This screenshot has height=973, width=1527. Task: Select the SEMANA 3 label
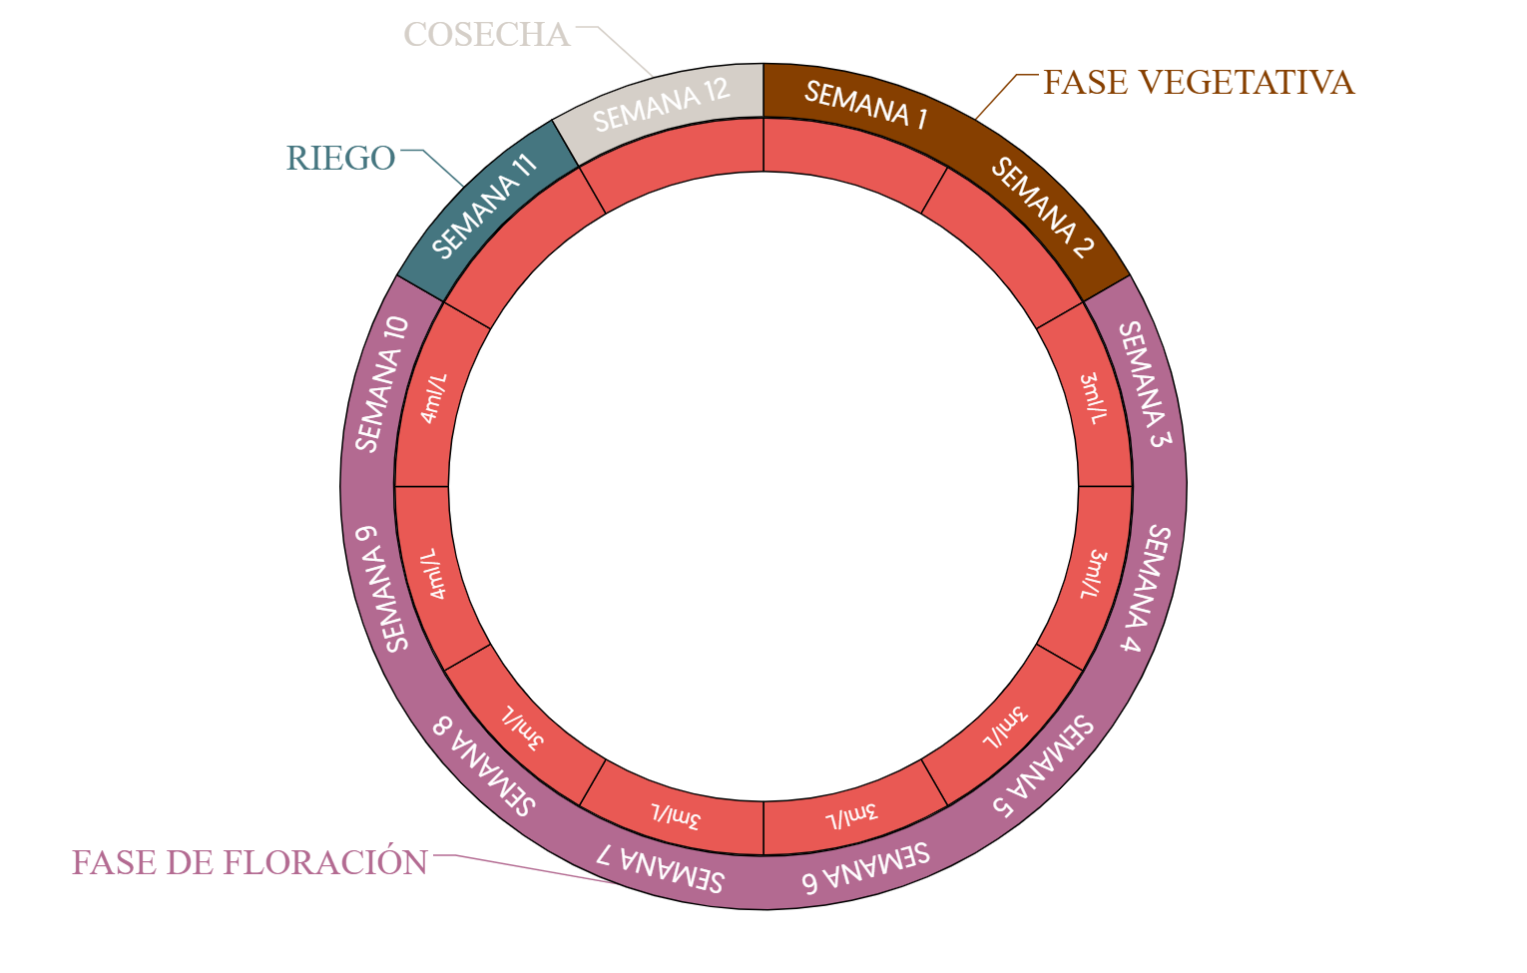tap(1145, 384)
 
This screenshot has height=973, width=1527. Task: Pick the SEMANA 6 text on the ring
tap(866, 867)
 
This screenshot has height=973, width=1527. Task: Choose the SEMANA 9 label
tap(382, 588)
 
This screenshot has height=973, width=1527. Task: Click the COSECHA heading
tap(487, 35)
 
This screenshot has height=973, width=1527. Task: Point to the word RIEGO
tap(340, 159)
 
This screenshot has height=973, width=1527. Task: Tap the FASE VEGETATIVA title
tap(1198, 83)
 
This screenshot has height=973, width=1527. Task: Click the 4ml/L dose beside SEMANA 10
tap(434, 398)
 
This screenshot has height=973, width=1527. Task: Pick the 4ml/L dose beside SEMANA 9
tap(434, 574)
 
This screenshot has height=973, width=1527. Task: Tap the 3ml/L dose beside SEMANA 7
tap(677, 815)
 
